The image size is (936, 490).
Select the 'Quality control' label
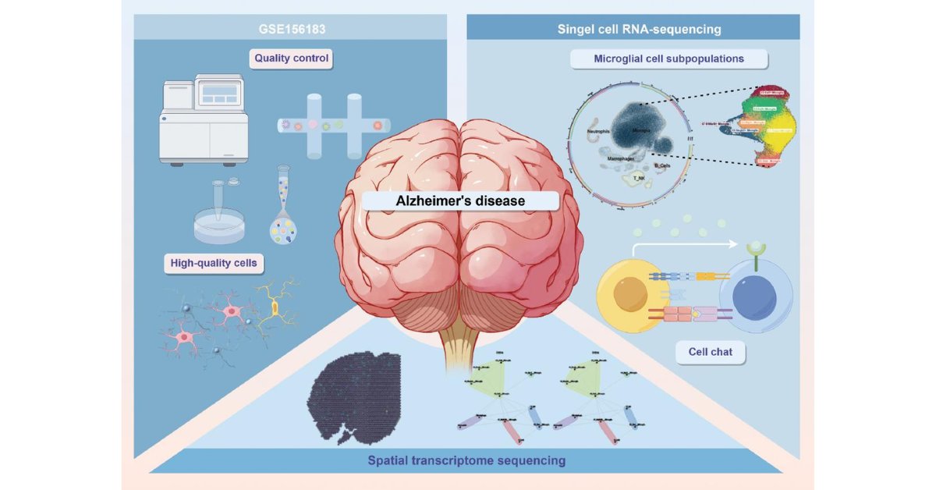pyautogui.click(x=291, y=59)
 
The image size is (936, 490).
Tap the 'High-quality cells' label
pyautogui.click(x=213, y=263)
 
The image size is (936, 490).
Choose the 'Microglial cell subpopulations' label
pyautogui.click(x=668, y=59)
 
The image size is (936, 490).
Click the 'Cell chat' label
pyautogui.click(x=710, y=353)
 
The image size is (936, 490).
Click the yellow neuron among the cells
pyautogui.click(x=275, y=306)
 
